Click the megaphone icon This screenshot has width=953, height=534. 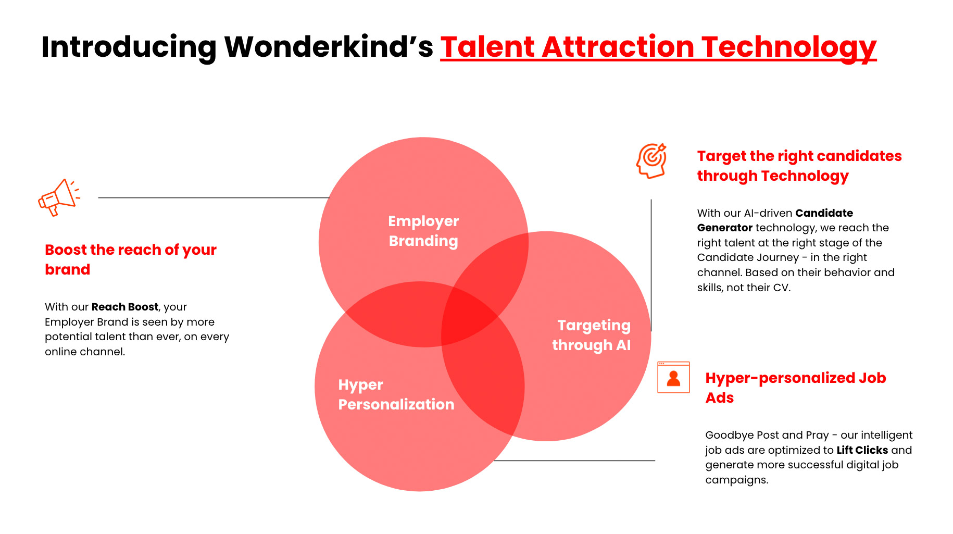tap(58, 197)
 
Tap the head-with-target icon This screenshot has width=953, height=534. tap(651, 161)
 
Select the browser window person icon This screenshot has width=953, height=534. tap(673, 377)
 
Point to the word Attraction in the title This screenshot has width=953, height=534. tap(618, 47)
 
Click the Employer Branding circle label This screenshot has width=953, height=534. tap(423, 231)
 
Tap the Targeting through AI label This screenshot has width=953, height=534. tap(592, 335)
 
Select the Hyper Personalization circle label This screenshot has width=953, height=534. tap(396, 394)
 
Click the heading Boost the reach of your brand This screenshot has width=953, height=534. tap(130, 259)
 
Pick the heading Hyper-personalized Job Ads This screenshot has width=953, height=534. tap(795, 388)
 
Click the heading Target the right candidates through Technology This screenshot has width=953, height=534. tap(799, 166)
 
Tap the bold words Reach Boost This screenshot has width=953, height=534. tap(125, 307)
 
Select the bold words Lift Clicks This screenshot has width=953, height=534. tap(862, 450)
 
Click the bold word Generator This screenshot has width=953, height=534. tap(724, 228)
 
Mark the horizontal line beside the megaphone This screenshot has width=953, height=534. tap(214, 197)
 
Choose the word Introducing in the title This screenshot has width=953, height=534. tap(129, 47)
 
